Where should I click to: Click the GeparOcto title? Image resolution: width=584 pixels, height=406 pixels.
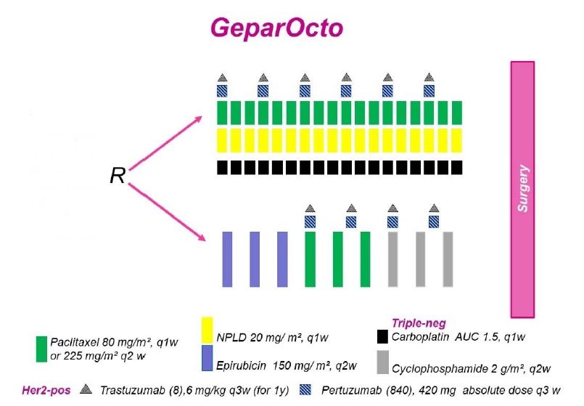pos(276,28)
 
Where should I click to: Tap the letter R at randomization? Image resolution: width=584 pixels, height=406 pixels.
pos(118,176)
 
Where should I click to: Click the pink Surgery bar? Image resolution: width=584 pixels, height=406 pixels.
pos(522,190)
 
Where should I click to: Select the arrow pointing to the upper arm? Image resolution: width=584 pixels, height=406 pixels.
pos(165,143)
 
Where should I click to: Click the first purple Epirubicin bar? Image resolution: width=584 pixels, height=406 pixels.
pos(227,259)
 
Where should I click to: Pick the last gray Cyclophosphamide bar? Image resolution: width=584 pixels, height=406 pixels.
pos(448,259)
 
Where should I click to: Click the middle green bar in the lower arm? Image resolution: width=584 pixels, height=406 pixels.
pos(338,259)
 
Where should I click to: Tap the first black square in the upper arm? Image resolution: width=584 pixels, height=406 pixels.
pos(222,167)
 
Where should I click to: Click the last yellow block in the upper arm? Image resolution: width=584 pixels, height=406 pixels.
pos(457,141)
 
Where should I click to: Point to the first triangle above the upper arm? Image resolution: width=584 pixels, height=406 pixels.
pos(222,78)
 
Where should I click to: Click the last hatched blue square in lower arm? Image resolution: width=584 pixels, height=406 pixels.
pos(434,222)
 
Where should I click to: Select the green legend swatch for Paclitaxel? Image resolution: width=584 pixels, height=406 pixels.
pos(42,349)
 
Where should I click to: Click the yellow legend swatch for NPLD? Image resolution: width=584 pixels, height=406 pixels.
pos(207,330)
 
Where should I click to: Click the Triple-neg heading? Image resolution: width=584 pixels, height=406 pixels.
pos(419,323)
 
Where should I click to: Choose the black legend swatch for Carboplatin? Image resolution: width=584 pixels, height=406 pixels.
pos(382,336)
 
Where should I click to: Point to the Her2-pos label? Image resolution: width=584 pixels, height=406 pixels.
pos(46,390)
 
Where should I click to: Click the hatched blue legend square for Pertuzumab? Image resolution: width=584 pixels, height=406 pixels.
pos(305,389)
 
